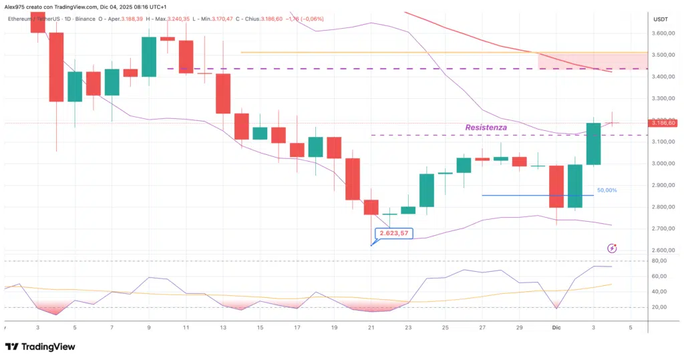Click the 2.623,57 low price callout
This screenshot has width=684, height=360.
393,234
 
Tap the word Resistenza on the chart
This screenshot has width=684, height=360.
486,127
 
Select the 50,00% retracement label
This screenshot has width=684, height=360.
607,190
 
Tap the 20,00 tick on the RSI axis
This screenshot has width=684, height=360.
659,307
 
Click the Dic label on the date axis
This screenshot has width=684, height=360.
556,328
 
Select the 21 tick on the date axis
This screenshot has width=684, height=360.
371,328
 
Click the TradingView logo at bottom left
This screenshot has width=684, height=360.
40,347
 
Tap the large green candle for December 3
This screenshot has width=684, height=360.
593,144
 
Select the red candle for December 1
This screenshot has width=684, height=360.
556,186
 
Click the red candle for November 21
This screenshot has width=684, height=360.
371,206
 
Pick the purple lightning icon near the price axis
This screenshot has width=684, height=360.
612,248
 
